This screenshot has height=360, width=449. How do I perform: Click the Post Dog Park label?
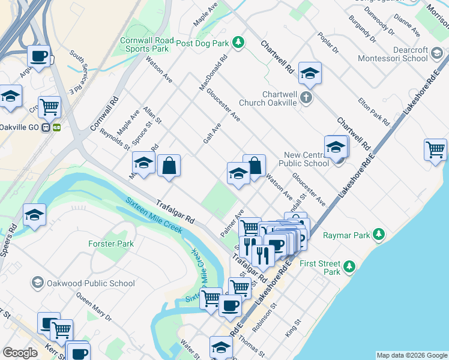point(203,43)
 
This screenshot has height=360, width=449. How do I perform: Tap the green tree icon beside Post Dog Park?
point(239,42)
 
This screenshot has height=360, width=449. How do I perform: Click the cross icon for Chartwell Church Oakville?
point(306,97)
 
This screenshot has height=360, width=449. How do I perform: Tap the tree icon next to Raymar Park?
point(379,235)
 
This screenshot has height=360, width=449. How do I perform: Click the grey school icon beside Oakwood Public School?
point(37,283)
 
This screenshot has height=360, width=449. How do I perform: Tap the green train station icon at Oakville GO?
point(58,127)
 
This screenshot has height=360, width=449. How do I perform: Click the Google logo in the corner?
point(20,353)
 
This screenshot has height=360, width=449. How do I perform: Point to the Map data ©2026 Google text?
point(412,355)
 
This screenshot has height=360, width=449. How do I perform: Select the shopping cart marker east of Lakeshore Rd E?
point(435,149)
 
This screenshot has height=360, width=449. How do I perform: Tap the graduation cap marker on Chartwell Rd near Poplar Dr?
point(310,73)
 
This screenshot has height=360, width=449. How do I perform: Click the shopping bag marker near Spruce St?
point(169,165)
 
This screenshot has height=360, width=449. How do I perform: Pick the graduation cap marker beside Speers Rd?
point(35,215)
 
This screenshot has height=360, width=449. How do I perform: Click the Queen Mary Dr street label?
point(94,307)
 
